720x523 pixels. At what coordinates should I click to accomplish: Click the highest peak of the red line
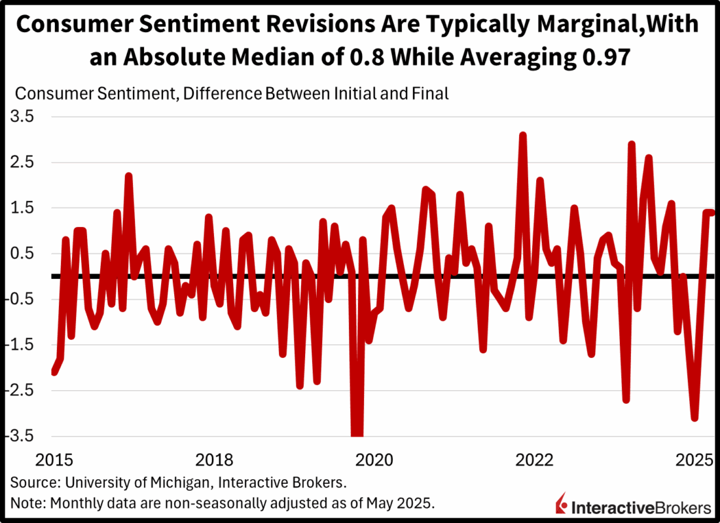pos(523,135)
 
